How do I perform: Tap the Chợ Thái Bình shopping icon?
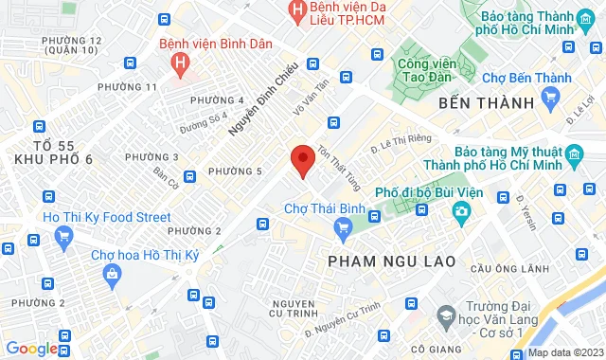pyautogui.click(x=343, y=226)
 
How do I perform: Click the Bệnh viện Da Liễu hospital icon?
pyautogui.click(x=299, y=10)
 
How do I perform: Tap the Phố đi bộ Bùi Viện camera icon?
pyautogui.click(x=459, y=210)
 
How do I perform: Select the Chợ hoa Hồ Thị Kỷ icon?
pyautogui.click(x=113, y=275)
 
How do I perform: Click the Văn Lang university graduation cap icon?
pyautogui.click(x=444, y=315)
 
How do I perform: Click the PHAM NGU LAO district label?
pyautogui.click(x=391, y=261)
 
